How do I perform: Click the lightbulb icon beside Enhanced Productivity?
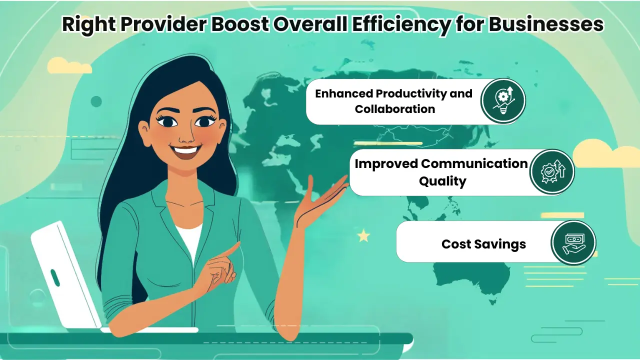(x=503, y=100)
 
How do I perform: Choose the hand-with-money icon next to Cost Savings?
(x=573, y=243)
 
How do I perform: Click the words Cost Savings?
(x=483, y=244)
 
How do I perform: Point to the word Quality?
(x=442, y=181)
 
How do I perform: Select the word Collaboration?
(x=395, y=109)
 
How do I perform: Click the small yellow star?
(x=363, y=234)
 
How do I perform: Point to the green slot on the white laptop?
(x=55, y=277)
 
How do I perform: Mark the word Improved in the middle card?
(x=385, y=163)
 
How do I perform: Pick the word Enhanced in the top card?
(x=343, y=93)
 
